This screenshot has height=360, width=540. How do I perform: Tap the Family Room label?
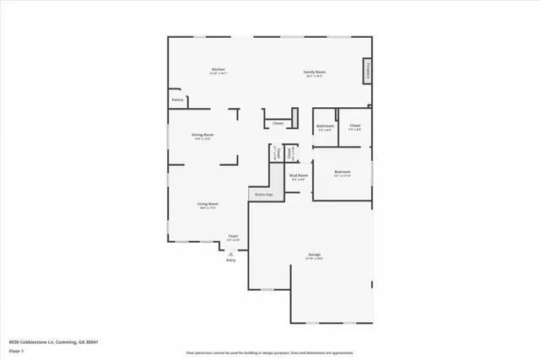point(315,72)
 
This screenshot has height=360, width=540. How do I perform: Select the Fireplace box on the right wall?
point(368,72)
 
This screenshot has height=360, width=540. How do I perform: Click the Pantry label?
point(177,100)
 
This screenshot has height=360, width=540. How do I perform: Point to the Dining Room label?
point(202,135)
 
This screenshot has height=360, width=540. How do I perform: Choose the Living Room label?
point(208,203)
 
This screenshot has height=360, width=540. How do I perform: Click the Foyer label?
point(235,236)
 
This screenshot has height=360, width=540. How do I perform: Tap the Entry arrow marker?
point(230,252)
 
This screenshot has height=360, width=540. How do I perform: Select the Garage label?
point(314,254)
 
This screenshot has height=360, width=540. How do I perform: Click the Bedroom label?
point(342,171)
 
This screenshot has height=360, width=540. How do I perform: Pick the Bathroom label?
point(326,126)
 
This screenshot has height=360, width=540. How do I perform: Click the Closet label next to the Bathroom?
point(355,126)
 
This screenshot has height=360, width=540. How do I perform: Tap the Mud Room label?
point(299,175)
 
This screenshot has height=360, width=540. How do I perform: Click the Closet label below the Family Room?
point(278,124)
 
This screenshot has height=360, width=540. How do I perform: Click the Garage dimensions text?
point(314,258)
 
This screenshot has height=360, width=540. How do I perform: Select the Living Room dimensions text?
point(208,208)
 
